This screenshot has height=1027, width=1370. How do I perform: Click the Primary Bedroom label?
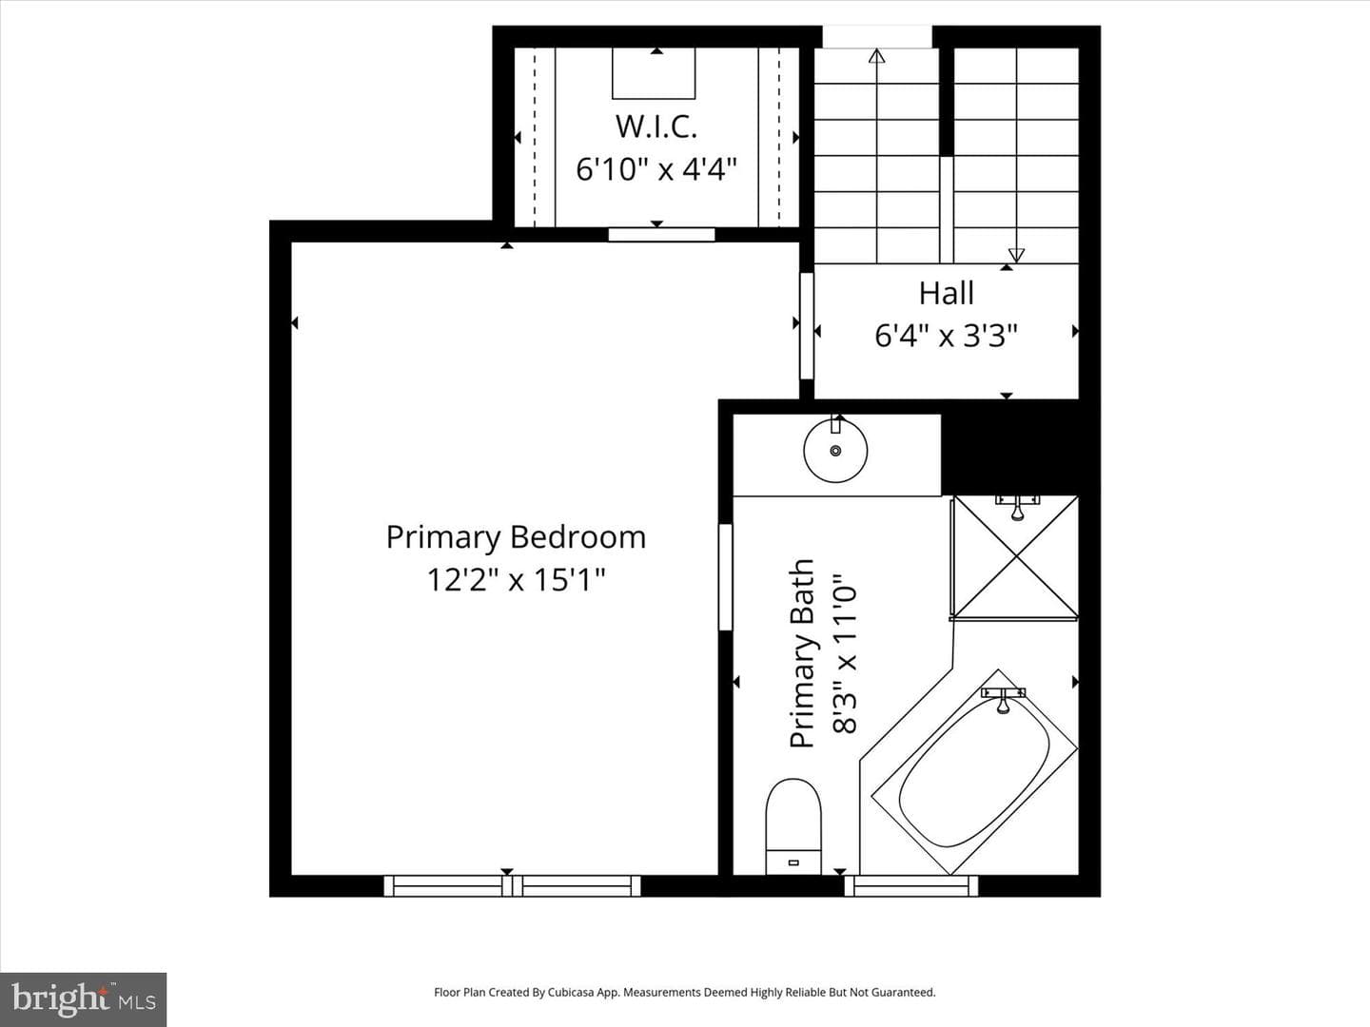[516, 537]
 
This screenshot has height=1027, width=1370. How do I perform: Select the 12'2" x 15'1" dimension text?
[516, 580]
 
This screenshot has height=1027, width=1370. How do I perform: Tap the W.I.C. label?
[656, 126]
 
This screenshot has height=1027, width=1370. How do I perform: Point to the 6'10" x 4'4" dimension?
[656, 169]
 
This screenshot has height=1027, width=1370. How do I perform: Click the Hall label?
[947, 293]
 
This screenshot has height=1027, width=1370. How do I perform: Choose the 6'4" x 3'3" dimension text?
[947, 336]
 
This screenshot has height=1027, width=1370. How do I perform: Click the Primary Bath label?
[803, 653]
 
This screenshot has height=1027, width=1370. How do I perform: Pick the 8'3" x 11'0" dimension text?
[846, 653]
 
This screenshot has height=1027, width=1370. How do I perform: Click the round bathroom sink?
[835, 450]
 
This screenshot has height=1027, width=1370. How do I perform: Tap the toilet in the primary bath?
[793, 826]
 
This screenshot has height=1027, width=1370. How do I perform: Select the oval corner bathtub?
[974, 773]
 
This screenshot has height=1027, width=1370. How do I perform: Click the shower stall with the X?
[1015, 557]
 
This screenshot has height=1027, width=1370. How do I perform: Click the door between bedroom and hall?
[807, 325]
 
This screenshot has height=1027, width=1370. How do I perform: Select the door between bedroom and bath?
[725, 577]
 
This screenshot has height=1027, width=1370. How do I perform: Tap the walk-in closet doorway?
[661, 235]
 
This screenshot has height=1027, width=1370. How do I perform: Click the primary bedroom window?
[513, 885]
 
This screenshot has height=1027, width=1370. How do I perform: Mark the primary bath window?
[911, 885]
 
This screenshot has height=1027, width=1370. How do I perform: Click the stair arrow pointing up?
[877, 156]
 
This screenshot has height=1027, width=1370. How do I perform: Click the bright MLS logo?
[83, 998]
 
